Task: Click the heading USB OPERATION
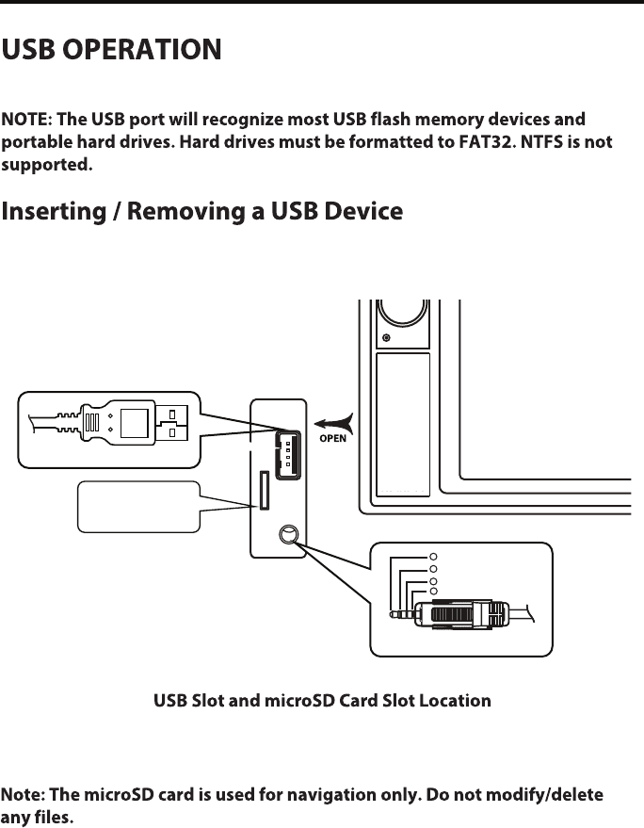pyautogui.click(x=112, y=49)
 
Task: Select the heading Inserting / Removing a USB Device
pyautogui.click(x=202, y=211)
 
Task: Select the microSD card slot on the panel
pyautogui.click(x=262, y=490)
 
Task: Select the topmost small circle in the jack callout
pyautogui.click(x=433, y=557)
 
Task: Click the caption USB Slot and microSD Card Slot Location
pyautogui.click(x=322, y=701)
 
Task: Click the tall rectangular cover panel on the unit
pyautogui.click(x=402, y=424)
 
